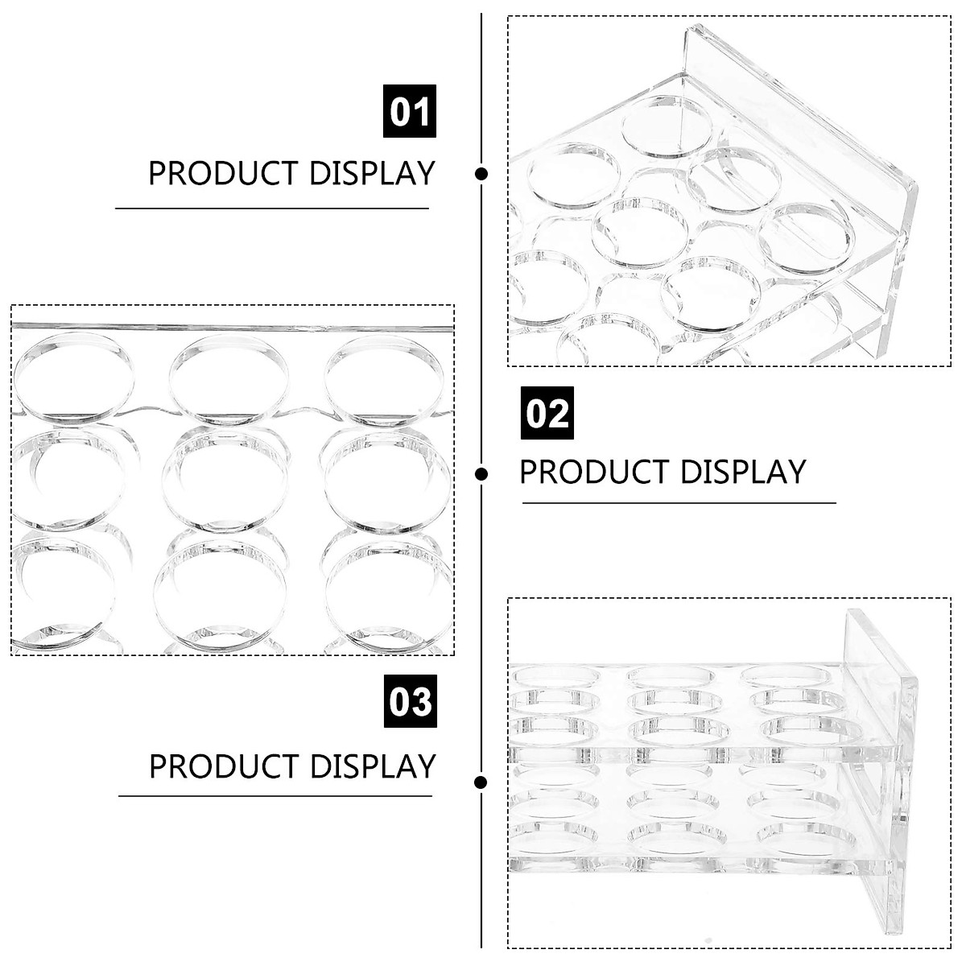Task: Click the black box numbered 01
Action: (409, 111)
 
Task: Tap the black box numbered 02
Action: (547, 413)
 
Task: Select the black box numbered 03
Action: (410, 701)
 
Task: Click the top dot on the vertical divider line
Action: (481, 173)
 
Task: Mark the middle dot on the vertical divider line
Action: (481, 474)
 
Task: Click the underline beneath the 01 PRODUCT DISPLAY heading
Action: (272, 208)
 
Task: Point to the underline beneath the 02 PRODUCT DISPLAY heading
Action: (679, 503)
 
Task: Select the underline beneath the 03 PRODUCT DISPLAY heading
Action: (275, 796)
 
